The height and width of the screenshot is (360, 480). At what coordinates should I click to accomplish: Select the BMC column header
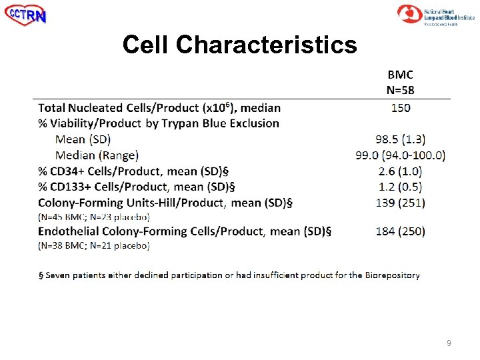tap(400, 75)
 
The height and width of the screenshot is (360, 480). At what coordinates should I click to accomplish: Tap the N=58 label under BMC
tap(400, 89)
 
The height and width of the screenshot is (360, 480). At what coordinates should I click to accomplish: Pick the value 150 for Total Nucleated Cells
tap(401, 107)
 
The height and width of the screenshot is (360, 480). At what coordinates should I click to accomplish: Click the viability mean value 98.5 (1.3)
tap(400, 139)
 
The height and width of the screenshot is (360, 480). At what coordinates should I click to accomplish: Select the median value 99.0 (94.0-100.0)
tap(400, 155)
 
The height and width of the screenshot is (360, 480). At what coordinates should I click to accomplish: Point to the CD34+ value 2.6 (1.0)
tap(400, 171)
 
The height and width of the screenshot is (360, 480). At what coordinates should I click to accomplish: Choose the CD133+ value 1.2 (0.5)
tap(400, 187)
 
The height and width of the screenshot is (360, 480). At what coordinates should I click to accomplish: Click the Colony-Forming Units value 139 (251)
tap(400, 203)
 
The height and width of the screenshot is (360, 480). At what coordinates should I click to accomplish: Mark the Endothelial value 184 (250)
tap(400, 231)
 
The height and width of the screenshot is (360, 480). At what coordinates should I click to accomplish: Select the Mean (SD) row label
tap(83, 139)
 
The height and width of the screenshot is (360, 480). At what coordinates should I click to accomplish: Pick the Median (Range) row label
tap(97, 155)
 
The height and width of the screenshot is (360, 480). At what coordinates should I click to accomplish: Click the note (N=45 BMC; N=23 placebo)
tap(94, 217)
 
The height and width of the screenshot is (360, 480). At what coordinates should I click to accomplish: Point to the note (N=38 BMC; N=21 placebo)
tap(94, 245)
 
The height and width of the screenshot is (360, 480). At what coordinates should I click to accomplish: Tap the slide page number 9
tap(449, 343)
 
